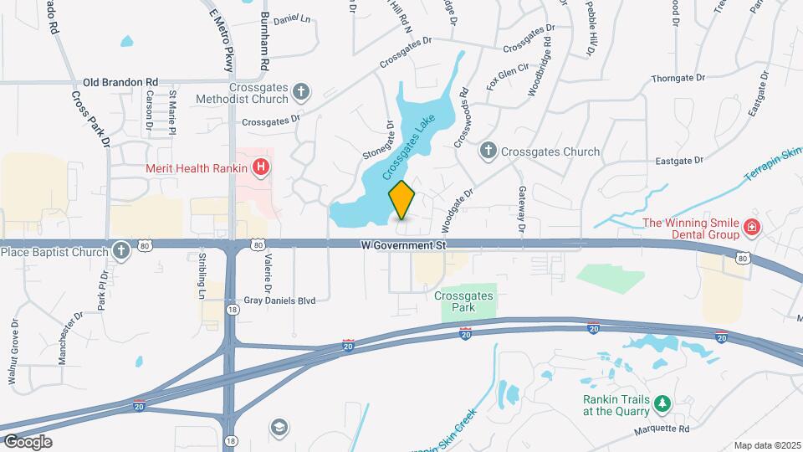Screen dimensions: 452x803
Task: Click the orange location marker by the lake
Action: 402,199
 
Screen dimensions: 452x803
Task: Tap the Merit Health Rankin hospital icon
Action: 262,167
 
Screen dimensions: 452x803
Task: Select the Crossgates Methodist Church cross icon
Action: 302,90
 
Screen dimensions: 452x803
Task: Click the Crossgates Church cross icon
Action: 488,152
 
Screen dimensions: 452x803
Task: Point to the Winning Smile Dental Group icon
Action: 751,227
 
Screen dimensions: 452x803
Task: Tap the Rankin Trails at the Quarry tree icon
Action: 662,404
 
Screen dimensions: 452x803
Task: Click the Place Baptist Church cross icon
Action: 121,250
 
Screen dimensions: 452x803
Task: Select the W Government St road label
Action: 403,245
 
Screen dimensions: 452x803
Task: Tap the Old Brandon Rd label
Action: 120,82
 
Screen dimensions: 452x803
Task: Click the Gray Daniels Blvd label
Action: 279,300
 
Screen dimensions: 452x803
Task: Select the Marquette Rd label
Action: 660,429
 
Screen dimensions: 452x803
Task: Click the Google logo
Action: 28,441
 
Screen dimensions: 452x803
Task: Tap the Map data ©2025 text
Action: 767,445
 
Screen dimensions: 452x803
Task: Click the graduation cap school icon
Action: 279,429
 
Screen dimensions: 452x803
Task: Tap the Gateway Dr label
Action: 520,210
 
